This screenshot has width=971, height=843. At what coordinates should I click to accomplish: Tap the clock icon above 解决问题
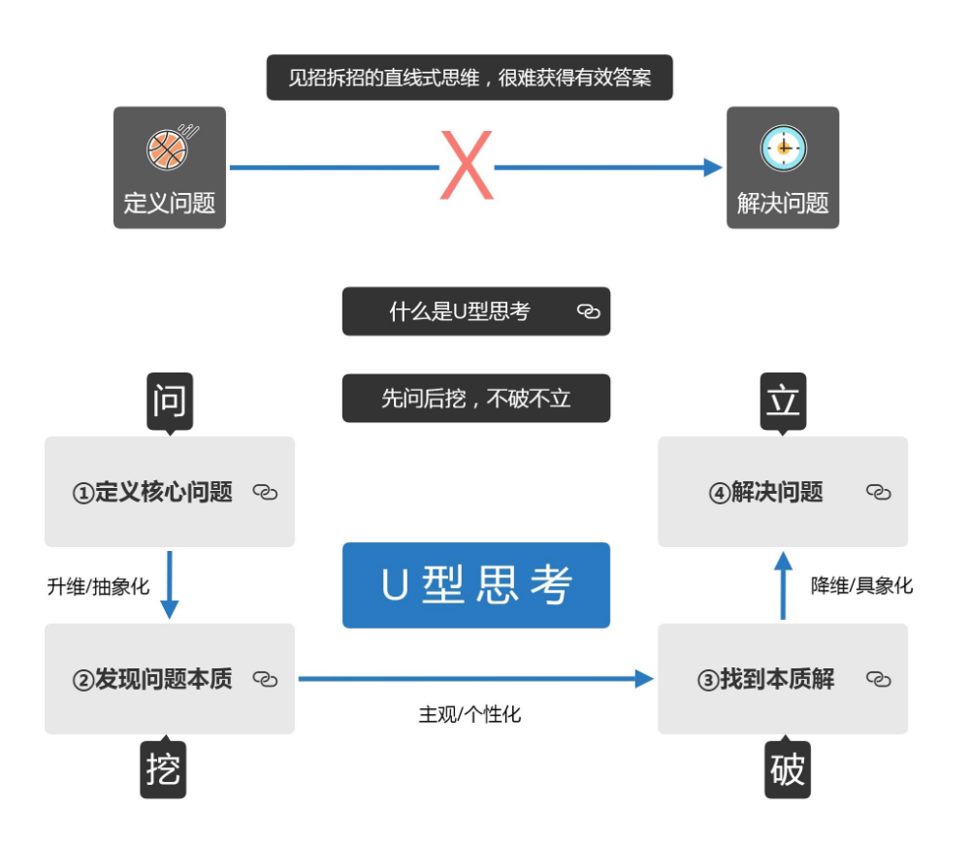click(783, 147)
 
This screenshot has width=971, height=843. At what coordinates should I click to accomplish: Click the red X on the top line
click(467, 167)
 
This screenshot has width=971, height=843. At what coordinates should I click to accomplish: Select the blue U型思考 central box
click(476, 585)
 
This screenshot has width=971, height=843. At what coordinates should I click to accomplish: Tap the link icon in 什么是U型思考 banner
click(589, 311)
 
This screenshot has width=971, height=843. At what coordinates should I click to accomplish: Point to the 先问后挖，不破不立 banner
click(476, 398)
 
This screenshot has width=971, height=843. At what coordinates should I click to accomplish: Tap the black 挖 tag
click(163, 771)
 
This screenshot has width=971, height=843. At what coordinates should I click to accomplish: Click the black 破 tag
click(787, 771)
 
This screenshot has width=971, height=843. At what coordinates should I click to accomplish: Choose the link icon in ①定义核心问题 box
click(265, 493)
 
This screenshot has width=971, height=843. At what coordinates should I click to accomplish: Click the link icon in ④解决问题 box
click(878, 493)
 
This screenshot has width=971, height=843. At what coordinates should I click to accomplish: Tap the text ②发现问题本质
click(152, 679)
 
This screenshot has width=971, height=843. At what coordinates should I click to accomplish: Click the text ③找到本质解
click(765, 679)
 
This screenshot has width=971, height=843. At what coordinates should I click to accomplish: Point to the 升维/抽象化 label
click(98, 586)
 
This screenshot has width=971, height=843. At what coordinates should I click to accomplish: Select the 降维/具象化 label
click(861, 586)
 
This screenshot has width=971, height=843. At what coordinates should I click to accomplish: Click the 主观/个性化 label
click(469, 715)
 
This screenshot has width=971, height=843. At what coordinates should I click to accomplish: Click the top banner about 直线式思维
click(469, 78)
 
